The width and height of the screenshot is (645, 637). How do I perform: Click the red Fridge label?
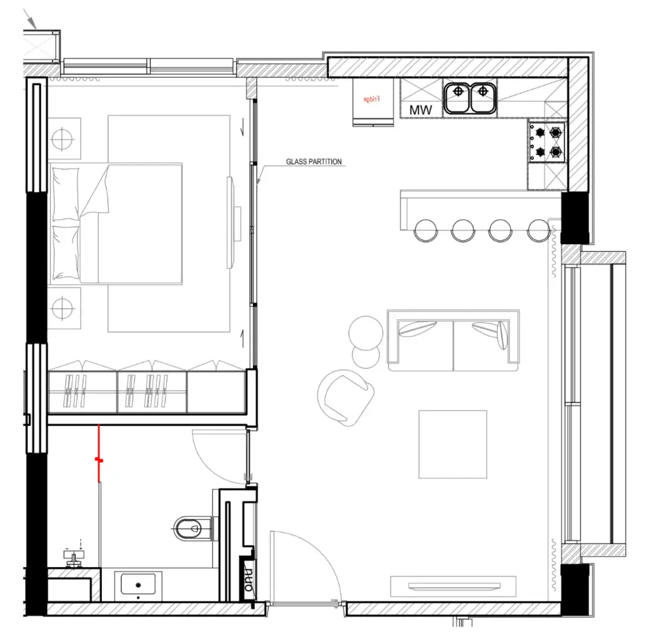[x=371, y=99]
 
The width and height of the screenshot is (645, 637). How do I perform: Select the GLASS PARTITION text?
[x=314, y=162]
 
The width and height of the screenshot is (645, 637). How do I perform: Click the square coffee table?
[x=453, y=444]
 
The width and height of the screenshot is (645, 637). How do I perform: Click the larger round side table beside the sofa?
[x=365, y=332]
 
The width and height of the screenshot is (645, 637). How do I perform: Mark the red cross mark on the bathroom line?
[x=99, y=461]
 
